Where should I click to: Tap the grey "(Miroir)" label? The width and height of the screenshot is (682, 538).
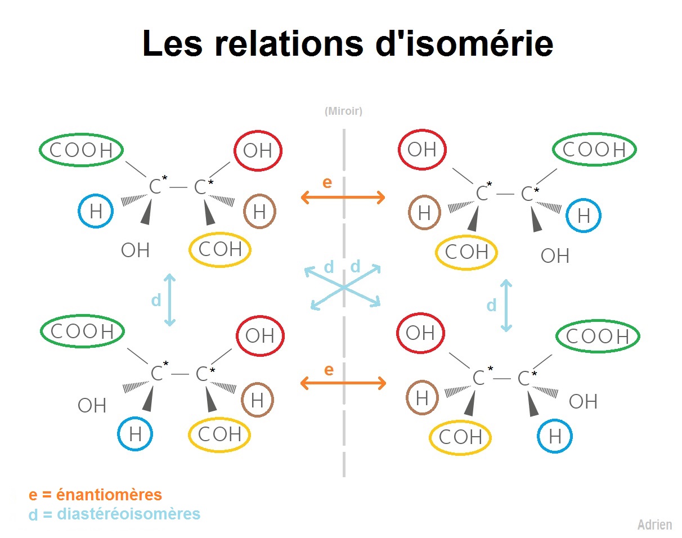pos(344,111)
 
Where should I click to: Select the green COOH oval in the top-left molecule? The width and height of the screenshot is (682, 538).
pos(40,150)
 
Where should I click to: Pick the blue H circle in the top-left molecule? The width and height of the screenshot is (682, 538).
pos(79,211)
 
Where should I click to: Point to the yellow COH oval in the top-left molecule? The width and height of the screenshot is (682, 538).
pos(190,250)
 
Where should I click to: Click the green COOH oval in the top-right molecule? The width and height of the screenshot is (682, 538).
pos(553,149)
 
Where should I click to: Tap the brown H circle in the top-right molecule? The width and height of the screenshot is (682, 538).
pos(409,212)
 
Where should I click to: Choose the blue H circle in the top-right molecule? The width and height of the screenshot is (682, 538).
pos(567,216)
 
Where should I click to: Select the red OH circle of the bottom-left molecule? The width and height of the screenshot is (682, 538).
pos(236,336)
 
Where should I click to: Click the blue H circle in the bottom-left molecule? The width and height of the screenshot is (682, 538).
pos(118,434)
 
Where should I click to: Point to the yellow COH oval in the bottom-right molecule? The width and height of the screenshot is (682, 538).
pos(430,438)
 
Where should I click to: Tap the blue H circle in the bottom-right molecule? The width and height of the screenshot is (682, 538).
pos(538,436)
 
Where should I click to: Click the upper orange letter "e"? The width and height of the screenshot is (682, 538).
pos(327,182)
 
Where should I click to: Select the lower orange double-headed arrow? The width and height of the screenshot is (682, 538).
pos(343,383)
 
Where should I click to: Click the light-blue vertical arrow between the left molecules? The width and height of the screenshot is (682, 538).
pos(170,300)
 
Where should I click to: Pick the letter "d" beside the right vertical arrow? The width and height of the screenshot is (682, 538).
pos(491,306)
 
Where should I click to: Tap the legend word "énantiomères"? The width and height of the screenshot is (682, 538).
pos(109,495)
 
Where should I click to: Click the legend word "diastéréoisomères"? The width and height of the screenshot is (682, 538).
pos(129,514)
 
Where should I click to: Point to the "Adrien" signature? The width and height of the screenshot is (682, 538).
pos(655,524)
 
